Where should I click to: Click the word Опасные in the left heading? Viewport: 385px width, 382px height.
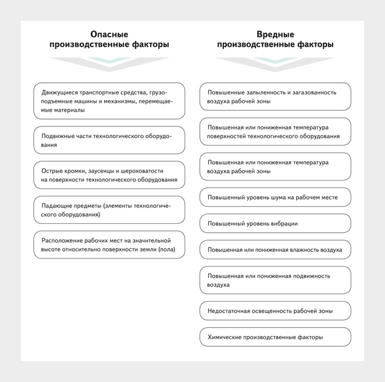(x=109, y=34)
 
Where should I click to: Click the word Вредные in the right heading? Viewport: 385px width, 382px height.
(x=275, y=34)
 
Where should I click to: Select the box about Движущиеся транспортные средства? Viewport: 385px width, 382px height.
(x=109, y=101)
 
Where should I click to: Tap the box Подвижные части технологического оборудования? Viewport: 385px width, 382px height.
(x=109, y=140)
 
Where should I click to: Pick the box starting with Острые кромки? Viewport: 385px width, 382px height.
(x=109, y=175)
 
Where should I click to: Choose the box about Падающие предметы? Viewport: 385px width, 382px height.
(x=109, y=210)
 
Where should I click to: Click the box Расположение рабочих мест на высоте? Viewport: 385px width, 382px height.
(x=109, y=245)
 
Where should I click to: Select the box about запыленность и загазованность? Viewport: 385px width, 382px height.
(x=275, y=97)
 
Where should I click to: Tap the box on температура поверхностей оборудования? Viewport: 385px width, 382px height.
(x=275, y=132)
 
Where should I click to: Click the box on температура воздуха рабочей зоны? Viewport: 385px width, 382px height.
(x=275, y=166)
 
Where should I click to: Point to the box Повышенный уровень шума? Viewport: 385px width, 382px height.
(x=275, y=197)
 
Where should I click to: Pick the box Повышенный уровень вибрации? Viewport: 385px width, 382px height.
(x=275, y=223)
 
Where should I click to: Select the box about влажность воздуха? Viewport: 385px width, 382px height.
(x=275, y=249)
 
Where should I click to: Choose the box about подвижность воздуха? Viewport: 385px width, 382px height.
(x=275, y=280)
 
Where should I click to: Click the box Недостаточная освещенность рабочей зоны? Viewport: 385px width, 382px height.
(x=275, y=311)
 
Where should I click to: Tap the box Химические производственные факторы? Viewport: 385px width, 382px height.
(x=275, y=337)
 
